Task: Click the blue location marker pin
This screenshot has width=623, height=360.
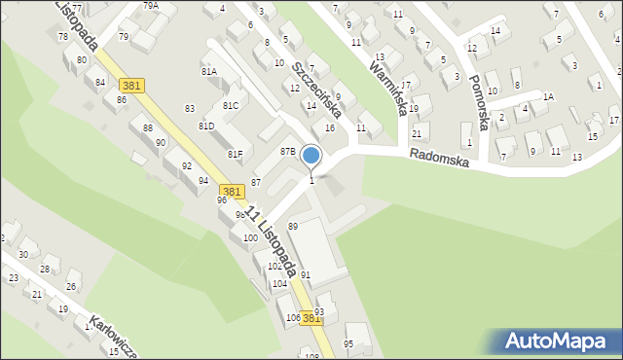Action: point(311,155)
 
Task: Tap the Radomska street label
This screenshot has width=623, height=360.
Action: point(439,158)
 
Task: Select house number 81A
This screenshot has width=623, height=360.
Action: point(209,72)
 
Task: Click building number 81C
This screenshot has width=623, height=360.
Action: point(231,105)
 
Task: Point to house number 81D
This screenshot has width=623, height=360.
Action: point(206,126)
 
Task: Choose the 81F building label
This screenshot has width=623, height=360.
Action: point(235,154)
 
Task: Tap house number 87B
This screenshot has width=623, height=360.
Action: point(288,152)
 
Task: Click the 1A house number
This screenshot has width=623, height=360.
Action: point(548,96)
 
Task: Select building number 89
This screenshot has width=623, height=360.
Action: point(292,226)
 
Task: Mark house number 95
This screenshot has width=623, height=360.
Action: point(348,343)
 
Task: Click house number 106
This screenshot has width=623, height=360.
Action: point(292,318)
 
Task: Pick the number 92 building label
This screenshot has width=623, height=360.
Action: point(186,166)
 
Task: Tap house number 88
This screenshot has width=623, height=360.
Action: point(147,128)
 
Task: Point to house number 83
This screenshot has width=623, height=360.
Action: point(190,108)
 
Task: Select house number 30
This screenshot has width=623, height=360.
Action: point(22,254)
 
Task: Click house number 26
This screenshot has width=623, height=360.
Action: point(70,286)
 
